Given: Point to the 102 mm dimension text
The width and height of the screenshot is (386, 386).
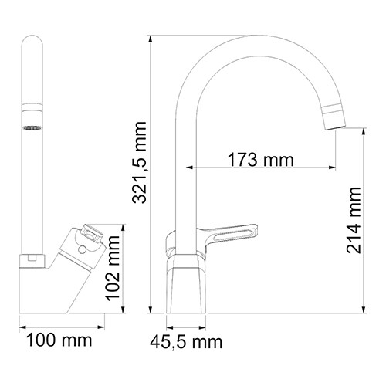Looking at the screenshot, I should tap(112, 267).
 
